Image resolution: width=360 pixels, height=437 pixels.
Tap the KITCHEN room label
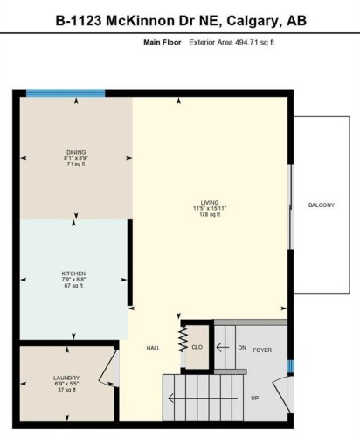click(x=73, y=273)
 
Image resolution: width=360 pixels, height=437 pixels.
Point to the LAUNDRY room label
click(x=66, y=378)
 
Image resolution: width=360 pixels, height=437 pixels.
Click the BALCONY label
click(x=321, y=205)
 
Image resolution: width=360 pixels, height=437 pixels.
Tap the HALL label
click(x=153, y=349)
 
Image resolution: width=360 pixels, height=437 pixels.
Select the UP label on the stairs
click(x=254, y=398)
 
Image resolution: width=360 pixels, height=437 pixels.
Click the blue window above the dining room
click(x=66, y=94)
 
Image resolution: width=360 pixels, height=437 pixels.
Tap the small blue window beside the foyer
click(x=291, y=365)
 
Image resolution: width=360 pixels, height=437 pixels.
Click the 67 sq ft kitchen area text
click(x=73, y=286)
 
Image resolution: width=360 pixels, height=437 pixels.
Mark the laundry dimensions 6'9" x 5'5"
click(x=66, y=385)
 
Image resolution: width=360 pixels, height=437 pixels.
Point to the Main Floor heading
click(x=160, y=41)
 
